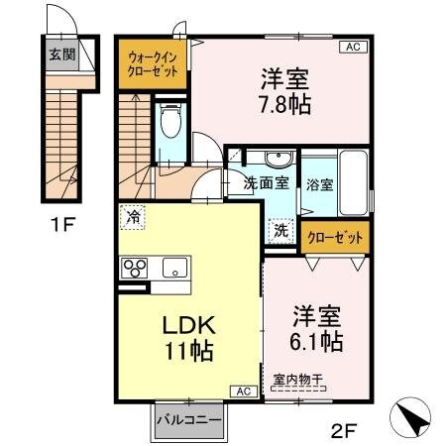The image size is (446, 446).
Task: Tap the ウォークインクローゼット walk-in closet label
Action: click(x=153, y=64)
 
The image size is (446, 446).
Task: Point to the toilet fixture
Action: click(x=170, y=122)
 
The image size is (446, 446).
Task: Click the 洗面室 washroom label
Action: click(x=268, y=182)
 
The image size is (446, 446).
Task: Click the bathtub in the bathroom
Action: click(x=354, y=183)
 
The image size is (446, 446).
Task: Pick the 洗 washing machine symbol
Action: click(x=281, y=227)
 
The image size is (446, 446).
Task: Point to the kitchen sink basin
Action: click(x=174, y=268)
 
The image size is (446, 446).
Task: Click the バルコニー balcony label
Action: click(x=187, y=422)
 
